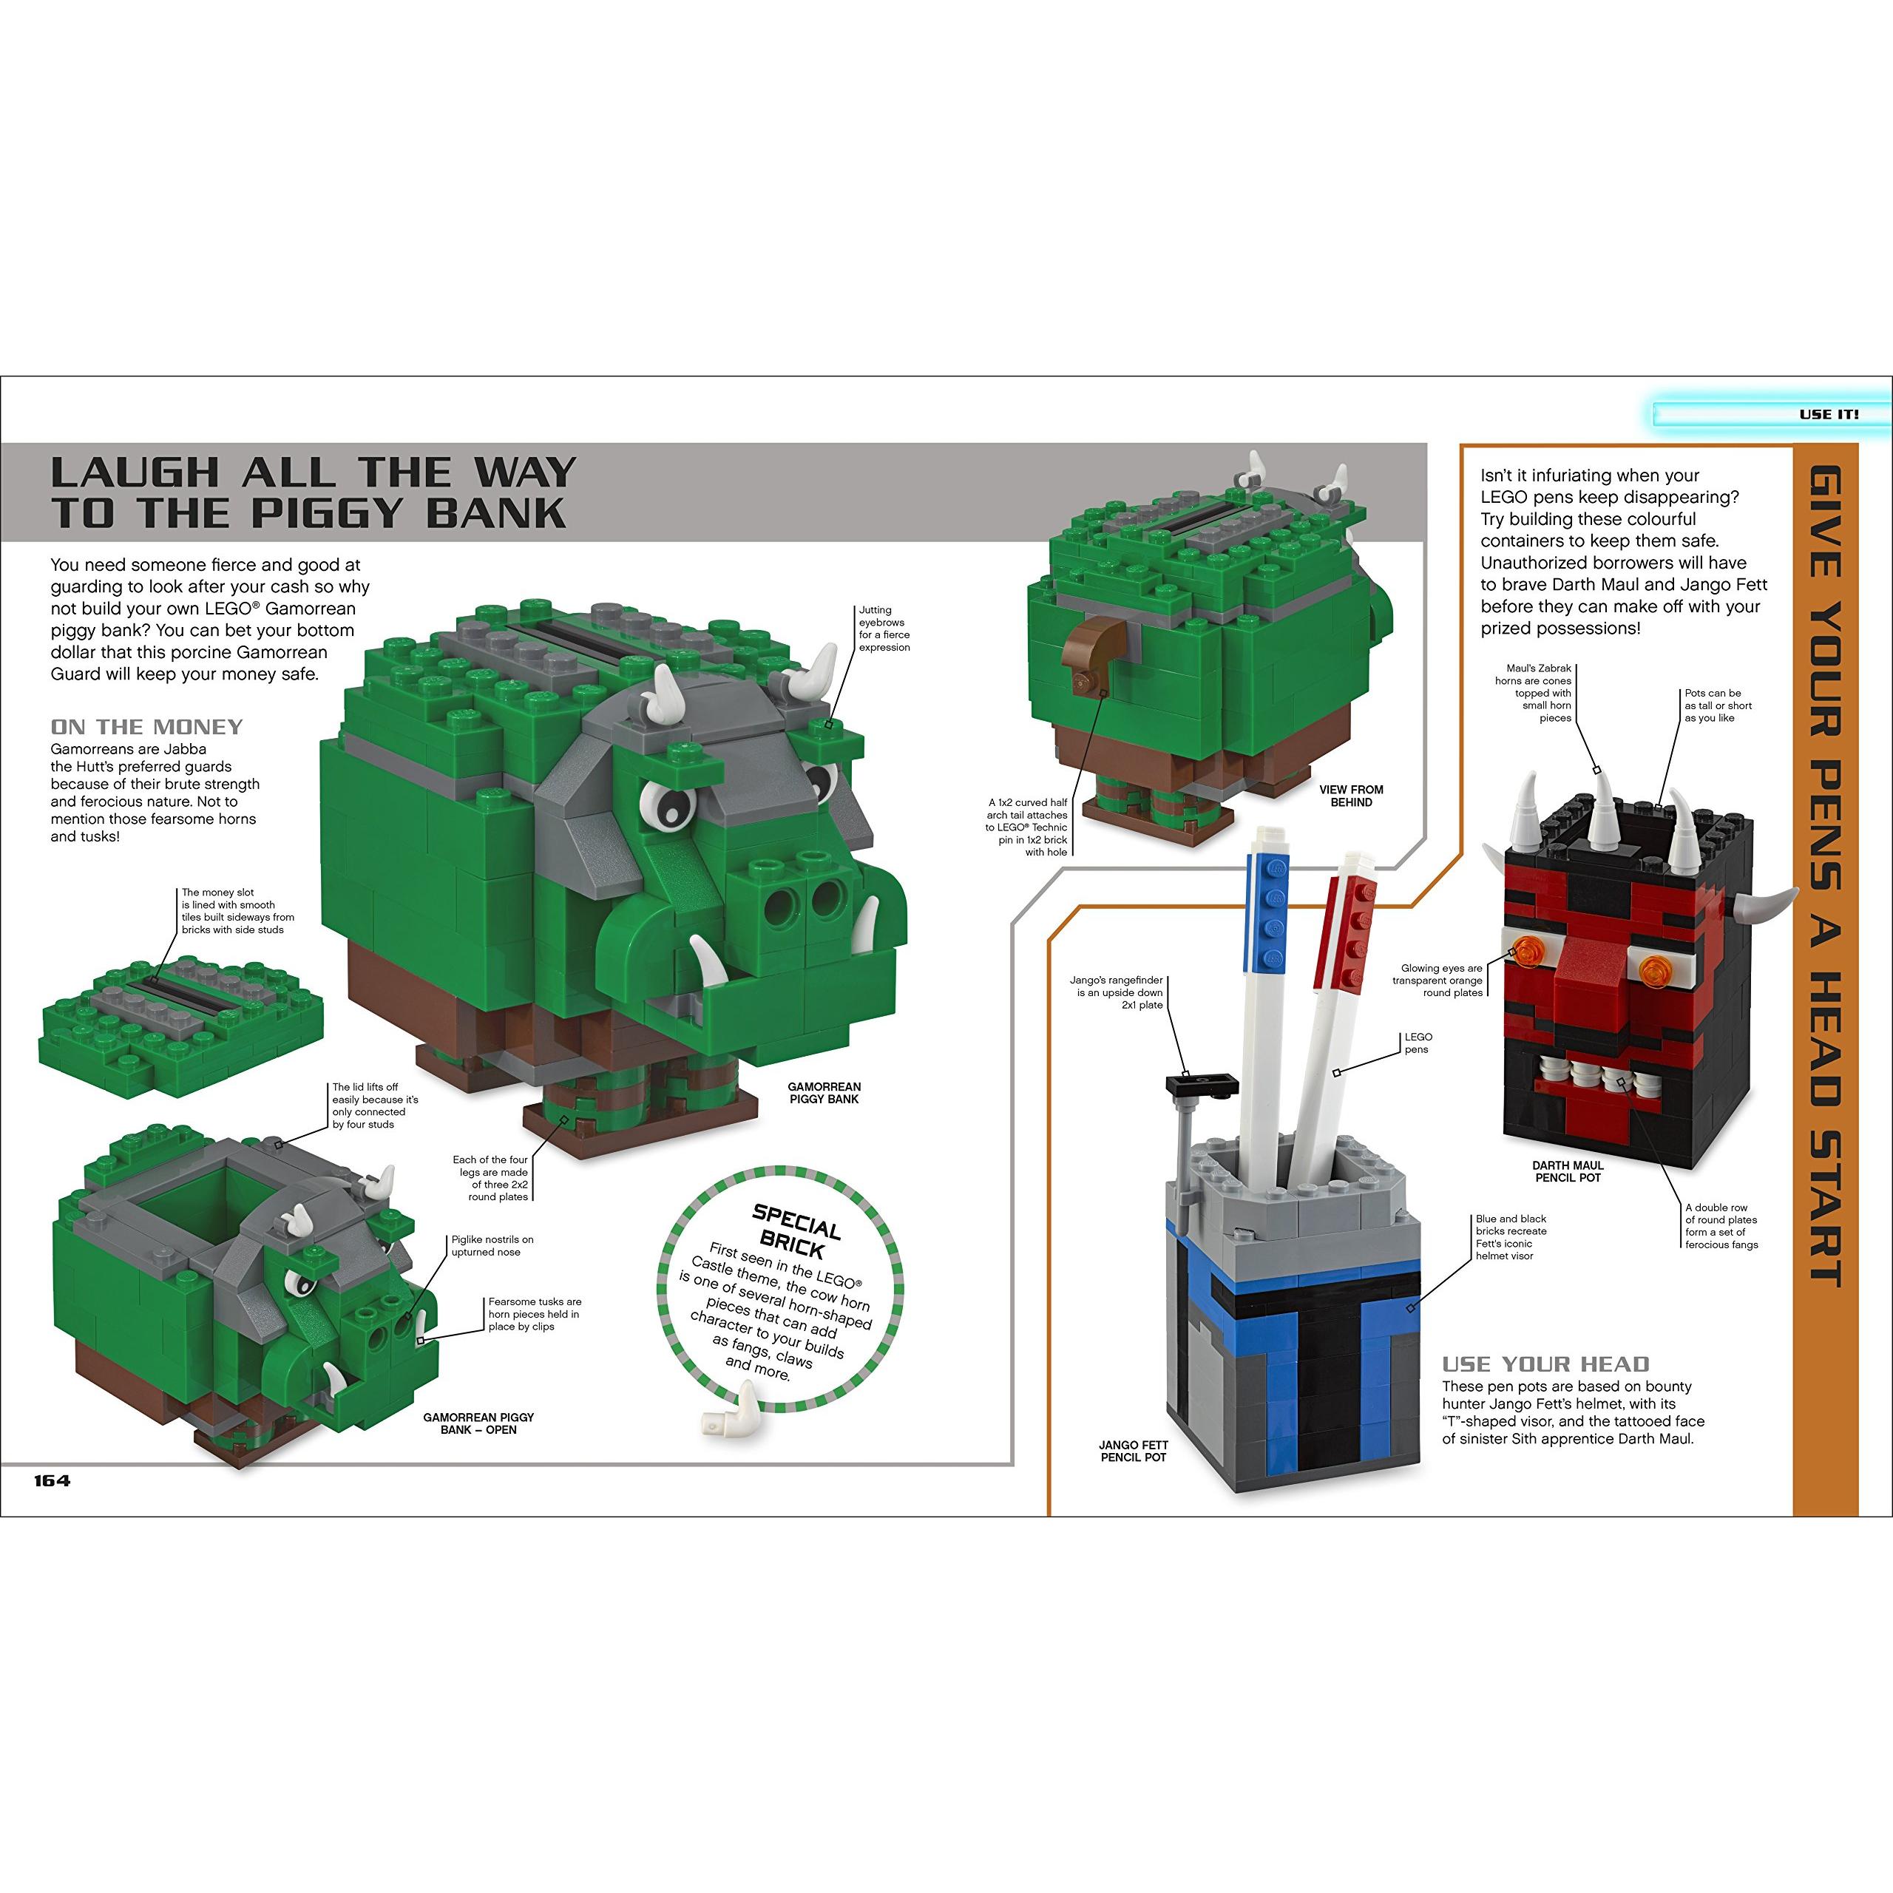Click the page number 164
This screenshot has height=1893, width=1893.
pyautogui.click(x=52, y=1480)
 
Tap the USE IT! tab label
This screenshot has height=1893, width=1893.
pyautogui.click(x=1829, y=414)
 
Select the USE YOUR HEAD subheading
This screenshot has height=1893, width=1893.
pyautogui.click(x=1545, y=1364)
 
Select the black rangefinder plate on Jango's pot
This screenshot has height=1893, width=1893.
pyautogui.click(x=1202, y=1085)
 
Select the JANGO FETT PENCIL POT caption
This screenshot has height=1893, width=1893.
pyautogui.click(x=1134, y=1451)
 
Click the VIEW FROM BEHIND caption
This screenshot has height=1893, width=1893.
pyautogui.click(x=1351, y=796)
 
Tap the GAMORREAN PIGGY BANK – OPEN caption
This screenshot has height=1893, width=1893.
pyautogui.click(x=478, y=1423)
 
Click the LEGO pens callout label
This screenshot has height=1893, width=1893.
pyautogui.click(x=1417, y=1043)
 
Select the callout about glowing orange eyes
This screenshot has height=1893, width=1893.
pyautogui.click(x=1437, y=981)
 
